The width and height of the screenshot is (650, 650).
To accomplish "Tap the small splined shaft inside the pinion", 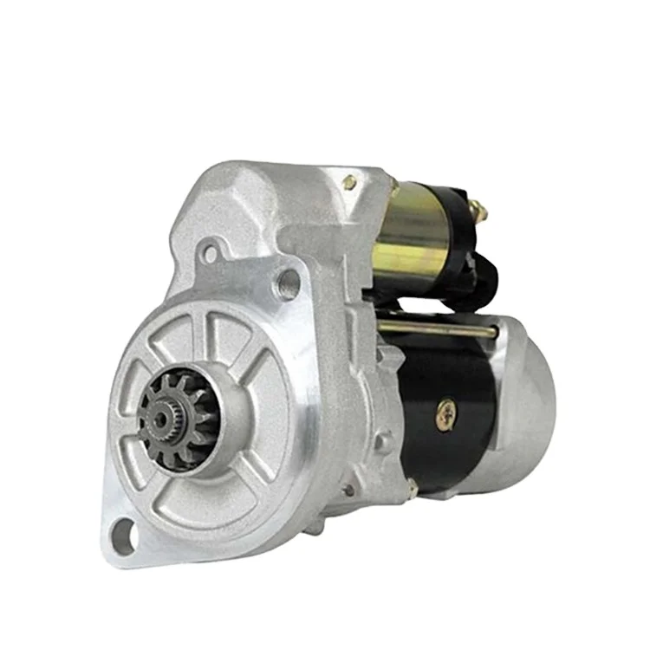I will click(162, 419).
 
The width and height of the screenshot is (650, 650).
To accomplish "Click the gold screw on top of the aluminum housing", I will click(349, 183).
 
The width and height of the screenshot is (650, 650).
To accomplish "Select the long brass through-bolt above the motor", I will click(438, 328).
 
